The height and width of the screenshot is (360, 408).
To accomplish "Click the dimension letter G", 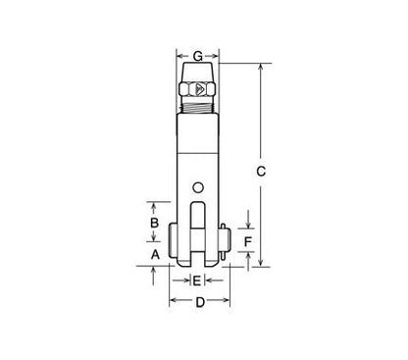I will point(199,55).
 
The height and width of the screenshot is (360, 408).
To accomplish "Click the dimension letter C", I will point(261,172).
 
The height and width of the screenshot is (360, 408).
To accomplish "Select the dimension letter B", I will point(153,224).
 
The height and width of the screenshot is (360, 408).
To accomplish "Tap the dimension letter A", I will point(153,253).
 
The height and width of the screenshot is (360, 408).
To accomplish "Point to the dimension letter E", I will point(197,282).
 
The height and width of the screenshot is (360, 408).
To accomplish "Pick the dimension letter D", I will point(199,304).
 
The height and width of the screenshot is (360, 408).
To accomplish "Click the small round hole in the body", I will point(199,187).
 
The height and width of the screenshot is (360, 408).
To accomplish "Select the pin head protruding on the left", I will point(173,240).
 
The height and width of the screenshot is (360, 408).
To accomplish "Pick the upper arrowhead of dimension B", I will point(153,204).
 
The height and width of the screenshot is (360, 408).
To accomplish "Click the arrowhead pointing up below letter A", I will point(153,270).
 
